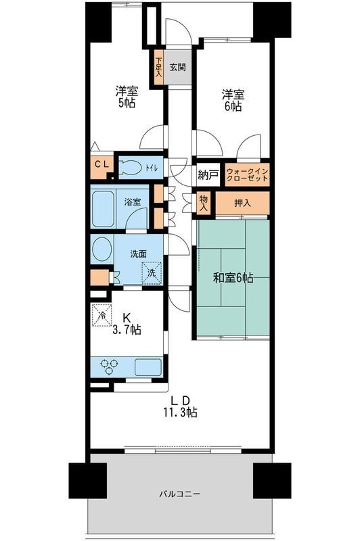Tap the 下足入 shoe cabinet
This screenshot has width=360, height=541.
click(x=158, y=68)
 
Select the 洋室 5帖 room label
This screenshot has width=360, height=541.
click(x=125, y=96)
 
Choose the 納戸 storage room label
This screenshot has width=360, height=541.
click(x=208, y=175)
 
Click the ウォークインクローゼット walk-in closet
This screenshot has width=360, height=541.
click(x=246, y=176)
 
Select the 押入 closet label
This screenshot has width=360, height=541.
click(x=242, y=202)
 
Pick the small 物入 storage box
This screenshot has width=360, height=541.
click(x=204, y=202)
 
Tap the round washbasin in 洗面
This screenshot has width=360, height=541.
click(x=102, y=250)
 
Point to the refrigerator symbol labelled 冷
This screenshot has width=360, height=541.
click(x=103, y=315)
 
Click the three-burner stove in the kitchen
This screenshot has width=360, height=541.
click(x=110, y=367)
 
